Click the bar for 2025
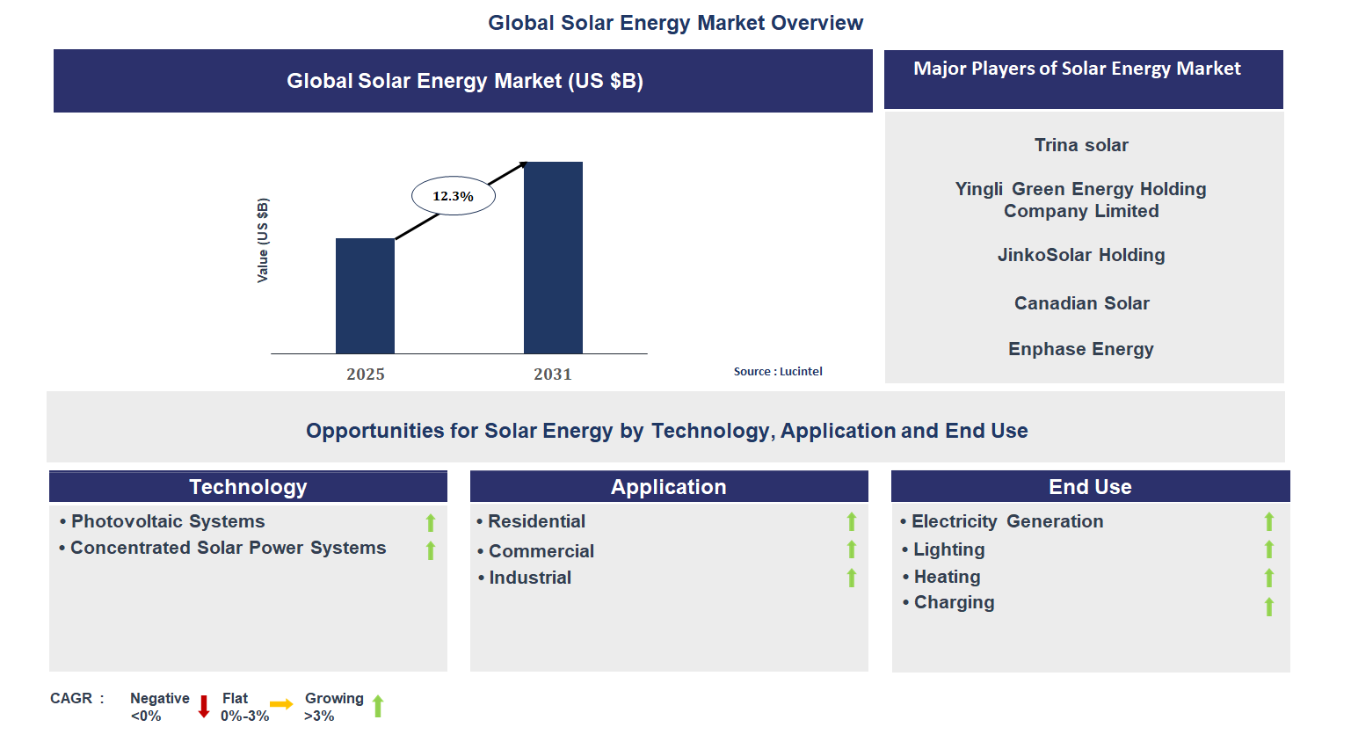(365, 295)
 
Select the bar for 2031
(553, 258)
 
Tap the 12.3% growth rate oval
(454, 196)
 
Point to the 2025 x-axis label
(366, 374)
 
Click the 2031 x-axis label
(553, 374)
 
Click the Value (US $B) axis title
(263, 240)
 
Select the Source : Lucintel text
(778, 372)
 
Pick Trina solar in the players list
(1081, 145)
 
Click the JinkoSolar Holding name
(1081, 255)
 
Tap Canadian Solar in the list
(1081, 303)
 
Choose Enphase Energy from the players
(1081, 349)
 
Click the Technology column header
(248, 487)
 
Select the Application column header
(669, 487)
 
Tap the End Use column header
(1090, 487)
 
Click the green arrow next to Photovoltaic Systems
(431, 523)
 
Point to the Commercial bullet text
(541, 551)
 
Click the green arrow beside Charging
(1269, 607)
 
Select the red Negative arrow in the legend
(204, 707)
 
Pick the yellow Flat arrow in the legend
(281, 704)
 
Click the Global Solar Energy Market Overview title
(675, 23)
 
